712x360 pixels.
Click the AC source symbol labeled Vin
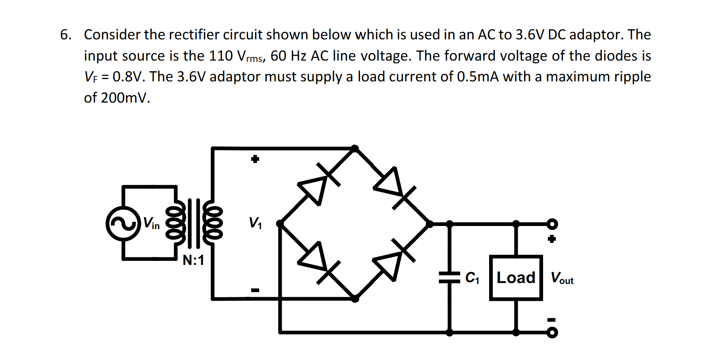123,223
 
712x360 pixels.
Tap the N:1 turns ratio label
193,260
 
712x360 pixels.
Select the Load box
516,278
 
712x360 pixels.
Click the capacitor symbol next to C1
449,278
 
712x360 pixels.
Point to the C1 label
472,278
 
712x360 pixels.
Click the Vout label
562,278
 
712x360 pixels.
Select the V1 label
255,222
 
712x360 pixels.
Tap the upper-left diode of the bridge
316,186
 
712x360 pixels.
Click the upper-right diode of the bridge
391,185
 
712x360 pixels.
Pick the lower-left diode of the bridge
316,261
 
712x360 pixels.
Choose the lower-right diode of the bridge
391,262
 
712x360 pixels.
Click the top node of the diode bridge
355,148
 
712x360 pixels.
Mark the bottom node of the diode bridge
355,299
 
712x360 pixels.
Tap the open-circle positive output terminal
552,224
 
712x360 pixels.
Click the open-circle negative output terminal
552,333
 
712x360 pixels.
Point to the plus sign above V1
255,159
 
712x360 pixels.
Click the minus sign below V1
255,290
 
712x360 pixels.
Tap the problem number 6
65,34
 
